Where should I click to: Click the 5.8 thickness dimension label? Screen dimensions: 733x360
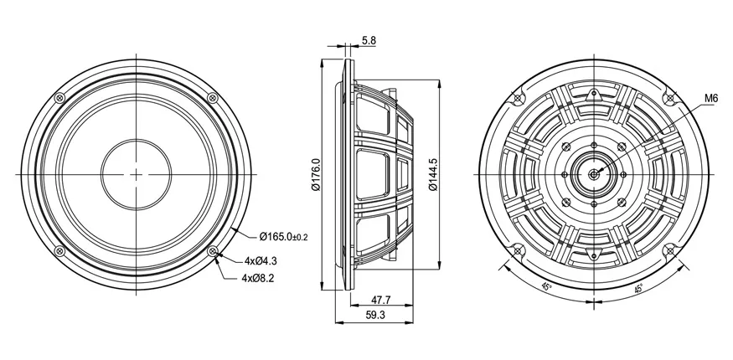(369, 41)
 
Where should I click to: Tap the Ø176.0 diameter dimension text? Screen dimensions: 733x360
(316, 175)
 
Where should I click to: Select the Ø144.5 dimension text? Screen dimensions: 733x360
(433, 175)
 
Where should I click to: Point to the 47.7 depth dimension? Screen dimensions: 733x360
(381, 300)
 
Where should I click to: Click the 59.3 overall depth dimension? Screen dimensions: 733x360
(375, 315)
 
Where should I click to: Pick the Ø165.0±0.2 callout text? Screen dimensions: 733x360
(284, 237)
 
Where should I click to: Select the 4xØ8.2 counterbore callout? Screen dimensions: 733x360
(258, 278)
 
